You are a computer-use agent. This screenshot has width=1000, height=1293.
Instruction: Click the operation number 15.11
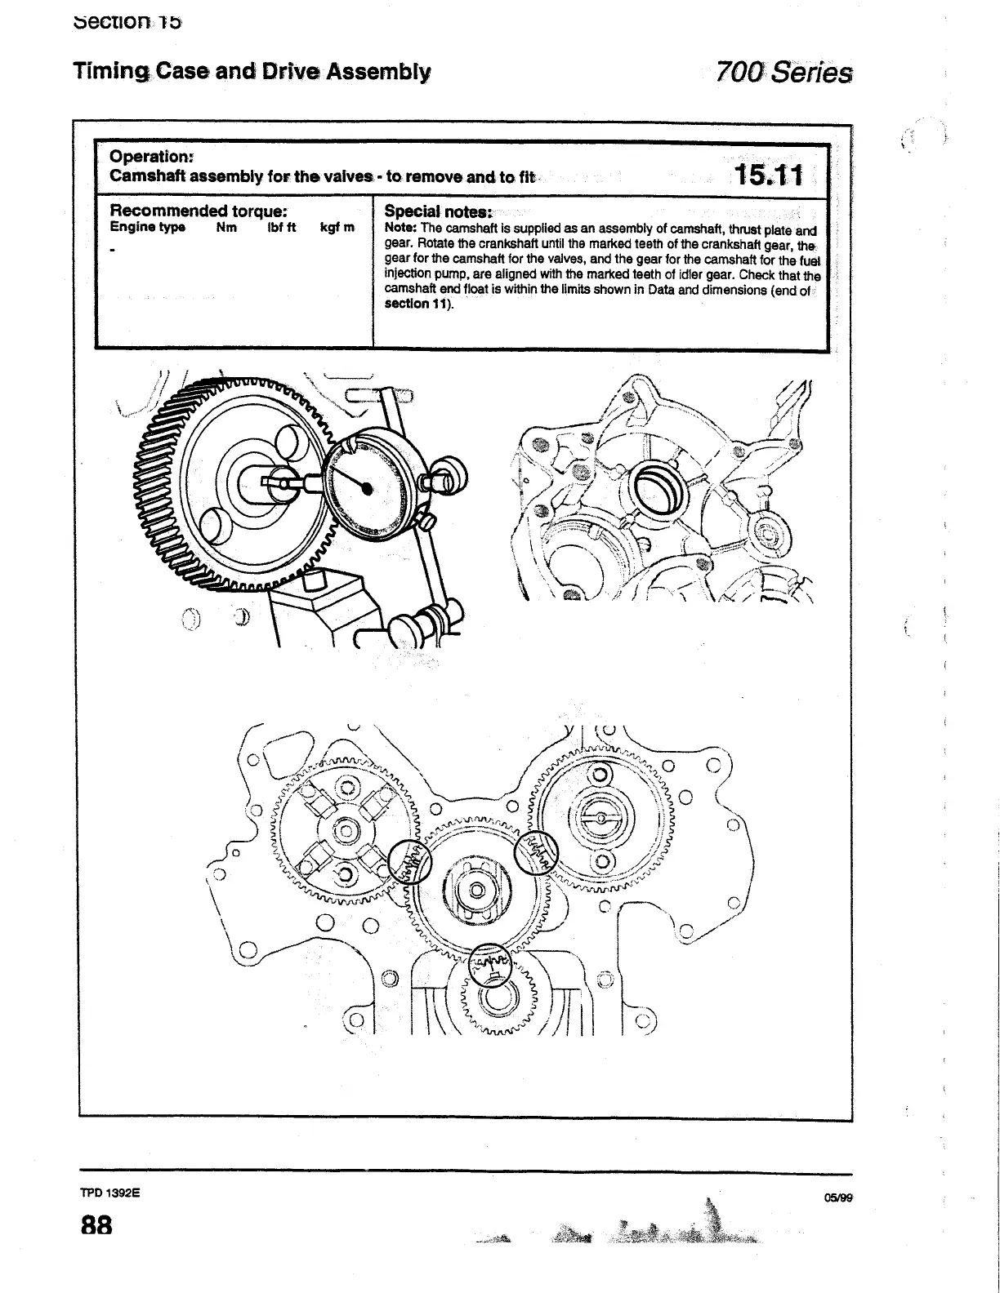click(768, 175)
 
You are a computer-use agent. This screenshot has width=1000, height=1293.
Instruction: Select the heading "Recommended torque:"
click(197, 210)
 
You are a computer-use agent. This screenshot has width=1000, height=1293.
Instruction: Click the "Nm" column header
click(226, 228)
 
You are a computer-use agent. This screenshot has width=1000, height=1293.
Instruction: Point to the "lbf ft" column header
click(281, 228)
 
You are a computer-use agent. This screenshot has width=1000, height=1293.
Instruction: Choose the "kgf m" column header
click(337, 228)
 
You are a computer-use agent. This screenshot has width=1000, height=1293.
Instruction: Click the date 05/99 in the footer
click(838, 1197)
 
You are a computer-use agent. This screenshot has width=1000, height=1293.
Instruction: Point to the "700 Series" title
click(783, 73)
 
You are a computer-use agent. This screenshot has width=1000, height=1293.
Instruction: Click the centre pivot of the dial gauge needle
click(367, 488)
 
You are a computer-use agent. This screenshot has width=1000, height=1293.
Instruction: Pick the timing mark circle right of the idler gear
click(535, 853)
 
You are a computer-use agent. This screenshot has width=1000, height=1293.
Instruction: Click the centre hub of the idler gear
click(475, 889)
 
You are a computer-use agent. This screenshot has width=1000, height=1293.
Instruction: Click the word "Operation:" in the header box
click(151, 156)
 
